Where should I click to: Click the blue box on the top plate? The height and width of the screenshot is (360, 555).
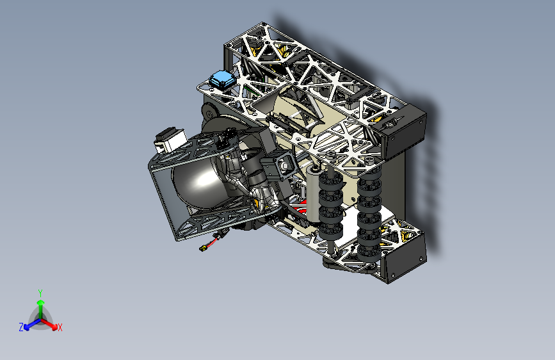click(x=222, y=79)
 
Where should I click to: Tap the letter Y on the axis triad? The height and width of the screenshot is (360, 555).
click(x=40, y=293)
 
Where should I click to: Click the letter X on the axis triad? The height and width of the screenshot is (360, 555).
click(x=60, y=327)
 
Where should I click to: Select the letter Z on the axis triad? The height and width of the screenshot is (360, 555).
click(x=21, y=327)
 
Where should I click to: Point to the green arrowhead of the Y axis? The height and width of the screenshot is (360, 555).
click(x=41, y=302)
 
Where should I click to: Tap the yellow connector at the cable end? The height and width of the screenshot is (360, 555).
click(x=203, y=249)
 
